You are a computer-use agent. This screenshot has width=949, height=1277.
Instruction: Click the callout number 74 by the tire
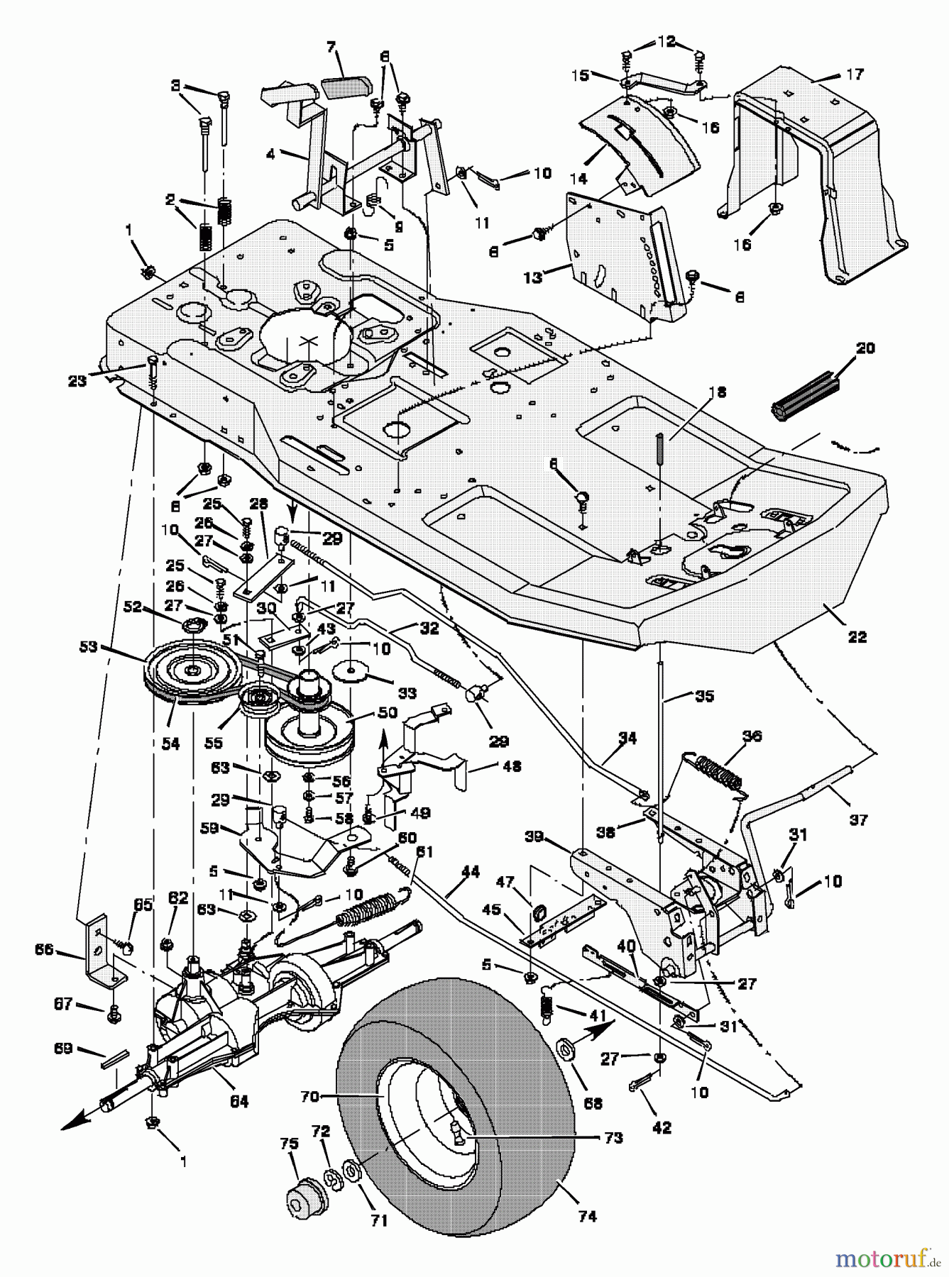click(x=588, y=1217)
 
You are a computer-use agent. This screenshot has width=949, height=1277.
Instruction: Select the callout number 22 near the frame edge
click(x=857, y=637)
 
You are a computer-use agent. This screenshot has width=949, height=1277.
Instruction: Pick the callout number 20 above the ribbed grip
click(x=866, y=348)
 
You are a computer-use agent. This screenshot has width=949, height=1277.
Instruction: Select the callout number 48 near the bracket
click(x=511, y=767)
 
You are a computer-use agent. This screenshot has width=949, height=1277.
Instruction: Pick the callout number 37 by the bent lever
click(x=858, y=820)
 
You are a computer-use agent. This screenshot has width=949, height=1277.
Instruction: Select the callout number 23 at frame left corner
click(x=77, y=381)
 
